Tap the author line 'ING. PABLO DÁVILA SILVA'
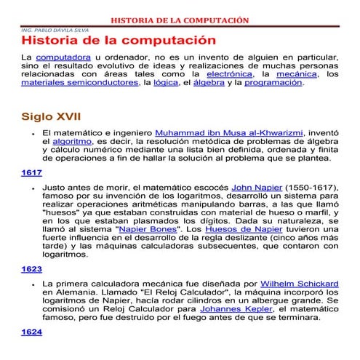pos(48,31)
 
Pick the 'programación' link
pos(273,83)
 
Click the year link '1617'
pos(31,172)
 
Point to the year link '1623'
pos(31,268)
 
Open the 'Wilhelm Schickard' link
pos(298,283)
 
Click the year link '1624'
pos(31,332)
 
